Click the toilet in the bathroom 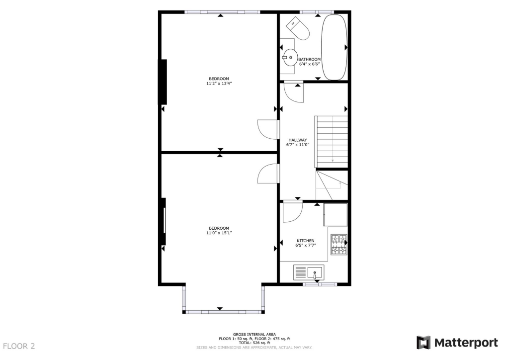298,29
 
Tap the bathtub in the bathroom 334,47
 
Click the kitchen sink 315,272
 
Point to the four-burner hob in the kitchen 339,244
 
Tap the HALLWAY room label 298,140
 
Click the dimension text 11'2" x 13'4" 219,84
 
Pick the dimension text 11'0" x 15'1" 219,233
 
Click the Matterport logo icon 423,343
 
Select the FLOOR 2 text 19,346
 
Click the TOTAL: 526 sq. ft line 254,343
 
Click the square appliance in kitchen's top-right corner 335,214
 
